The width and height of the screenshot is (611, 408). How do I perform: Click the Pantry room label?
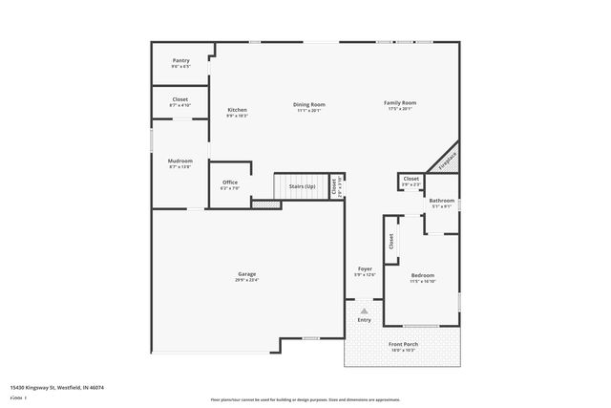(x=180, y=60)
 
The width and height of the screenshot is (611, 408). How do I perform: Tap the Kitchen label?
(x=237, y=111)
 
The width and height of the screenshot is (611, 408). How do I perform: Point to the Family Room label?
(x=400, y=102)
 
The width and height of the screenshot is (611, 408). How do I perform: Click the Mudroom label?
(x=180, y=161)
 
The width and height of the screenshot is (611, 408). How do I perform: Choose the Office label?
(x=230, y=183)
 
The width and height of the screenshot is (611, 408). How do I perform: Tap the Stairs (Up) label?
(x=303, y=186)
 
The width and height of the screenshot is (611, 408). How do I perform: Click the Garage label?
(x=247, y=274)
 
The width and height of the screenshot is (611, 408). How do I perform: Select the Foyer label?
(x=365, y=269)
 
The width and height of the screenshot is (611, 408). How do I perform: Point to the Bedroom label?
(x=422, y=274)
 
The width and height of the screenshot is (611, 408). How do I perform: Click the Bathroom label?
(x=442, y=201)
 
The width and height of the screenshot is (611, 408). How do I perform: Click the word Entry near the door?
(x=365, y=319)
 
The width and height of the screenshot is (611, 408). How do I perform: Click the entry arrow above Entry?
(x=364, y=310)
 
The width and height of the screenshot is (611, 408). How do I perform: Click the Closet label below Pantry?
(x=180, y=99)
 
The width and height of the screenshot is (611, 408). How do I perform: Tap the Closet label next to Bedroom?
(x=390, y=243)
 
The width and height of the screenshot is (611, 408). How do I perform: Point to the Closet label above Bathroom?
(x=411, y=179)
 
